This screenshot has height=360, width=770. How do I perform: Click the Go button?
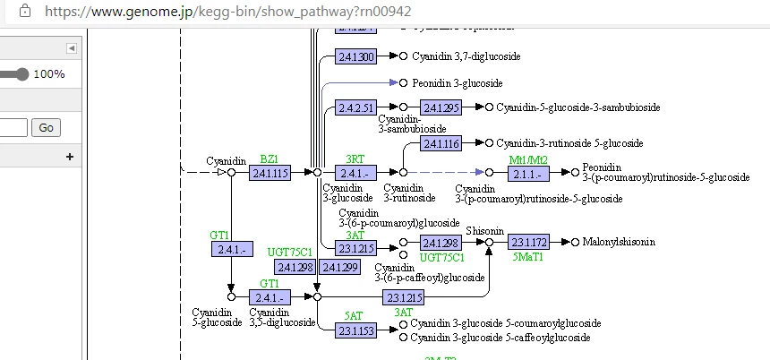[x=46, y=128]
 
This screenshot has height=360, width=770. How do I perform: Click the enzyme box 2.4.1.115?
[x=270, y=172]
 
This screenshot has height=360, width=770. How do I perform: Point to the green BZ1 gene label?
[x=269, y=159]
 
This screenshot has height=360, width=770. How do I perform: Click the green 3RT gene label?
[x=355, y=159]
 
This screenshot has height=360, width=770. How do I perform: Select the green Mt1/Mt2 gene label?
[x=527, y=159]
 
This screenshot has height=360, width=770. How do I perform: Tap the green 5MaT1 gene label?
[x=528, y=257]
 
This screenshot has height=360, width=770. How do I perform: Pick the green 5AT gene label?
[x=354, y=316]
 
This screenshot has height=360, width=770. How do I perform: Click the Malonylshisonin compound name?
[x=619, y=243]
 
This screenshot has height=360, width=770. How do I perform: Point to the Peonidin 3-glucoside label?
[x=458, y=82]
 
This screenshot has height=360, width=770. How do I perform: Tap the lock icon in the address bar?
[x=25, y=11]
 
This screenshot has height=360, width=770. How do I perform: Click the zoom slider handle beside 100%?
[x=22, y=74]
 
